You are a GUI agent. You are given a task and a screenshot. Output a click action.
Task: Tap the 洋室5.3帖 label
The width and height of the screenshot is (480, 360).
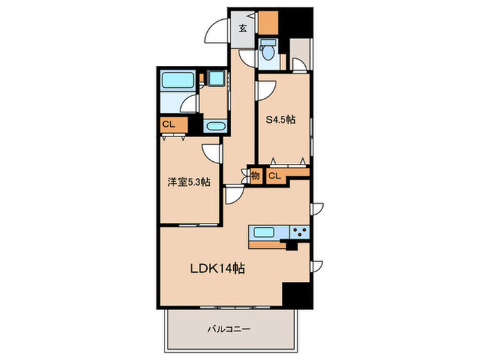(x=189, y=182)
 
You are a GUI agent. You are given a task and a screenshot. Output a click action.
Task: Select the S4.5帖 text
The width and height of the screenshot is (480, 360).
(x=280, y=119)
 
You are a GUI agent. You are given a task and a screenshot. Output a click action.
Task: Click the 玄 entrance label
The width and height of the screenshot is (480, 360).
(x=243, y=29)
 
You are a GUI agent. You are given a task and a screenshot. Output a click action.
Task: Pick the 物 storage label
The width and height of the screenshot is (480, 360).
(x=255, y=176)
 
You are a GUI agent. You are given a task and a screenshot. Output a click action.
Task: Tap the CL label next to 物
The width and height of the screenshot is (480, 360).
(x=274, y=176)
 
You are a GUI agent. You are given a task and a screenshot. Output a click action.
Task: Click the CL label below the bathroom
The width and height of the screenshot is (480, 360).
(x=168, y=125)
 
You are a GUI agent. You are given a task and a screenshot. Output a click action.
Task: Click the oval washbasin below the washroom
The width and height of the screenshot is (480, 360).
(x=215, y=127)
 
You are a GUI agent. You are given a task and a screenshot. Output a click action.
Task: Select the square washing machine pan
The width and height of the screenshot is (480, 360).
(x=217, y=79)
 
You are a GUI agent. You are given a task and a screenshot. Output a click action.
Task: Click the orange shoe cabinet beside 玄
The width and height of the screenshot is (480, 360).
(x=268, y=24)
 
